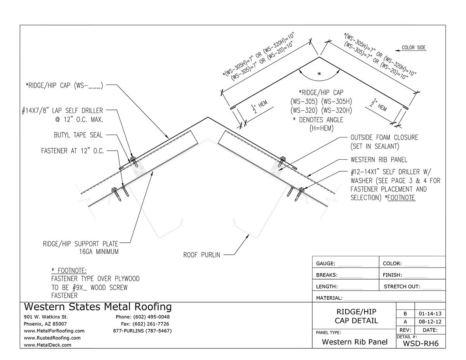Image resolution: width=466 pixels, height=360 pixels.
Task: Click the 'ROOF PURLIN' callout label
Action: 202,255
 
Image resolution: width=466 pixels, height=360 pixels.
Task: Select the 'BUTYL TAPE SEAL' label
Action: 78,135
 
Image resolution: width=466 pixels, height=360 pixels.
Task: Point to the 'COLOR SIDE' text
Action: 413,48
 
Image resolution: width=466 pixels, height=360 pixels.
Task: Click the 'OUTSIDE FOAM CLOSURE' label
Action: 384,138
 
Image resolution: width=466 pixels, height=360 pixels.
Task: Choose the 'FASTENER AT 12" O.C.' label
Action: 73,151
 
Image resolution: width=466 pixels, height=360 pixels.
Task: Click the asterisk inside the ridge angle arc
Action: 319,74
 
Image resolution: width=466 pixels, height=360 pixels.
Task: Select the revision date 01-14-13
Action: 430,313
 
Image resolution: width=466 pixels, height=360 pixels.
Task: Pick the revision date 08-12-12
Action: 430,322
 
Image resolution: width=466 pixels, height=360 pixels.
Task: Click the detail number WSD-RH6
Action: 421,343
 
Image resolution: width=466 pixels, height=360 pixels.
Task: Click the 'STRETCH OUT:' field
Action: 402,287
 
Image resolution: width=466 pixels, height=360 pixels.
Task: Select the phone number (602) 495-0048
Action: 143,317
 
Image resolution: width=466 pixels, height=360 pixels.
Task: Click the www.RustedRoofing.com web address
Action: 52,338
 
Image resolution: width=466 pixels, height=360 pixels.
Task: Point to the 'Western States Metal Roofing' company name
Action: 97,307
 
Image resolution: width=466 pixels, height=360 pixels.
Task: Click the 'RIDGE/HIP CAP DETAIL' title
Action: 356,316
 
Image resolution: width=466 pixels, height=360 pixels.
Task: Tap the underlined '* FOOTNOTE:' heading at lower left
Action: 69,270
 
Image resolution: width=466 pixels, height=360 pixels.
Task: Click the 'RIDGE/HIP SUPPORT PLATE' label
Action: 80,244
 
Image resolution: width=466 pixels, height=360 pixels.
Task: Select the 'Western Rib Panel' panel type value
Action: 355,342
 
